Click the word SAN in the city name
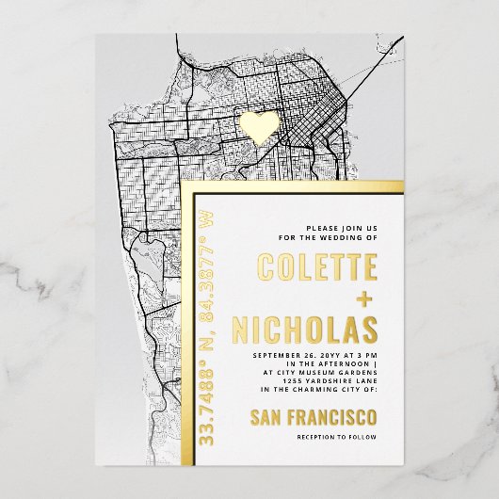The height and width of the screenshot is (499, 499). [x=271, y=417]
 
